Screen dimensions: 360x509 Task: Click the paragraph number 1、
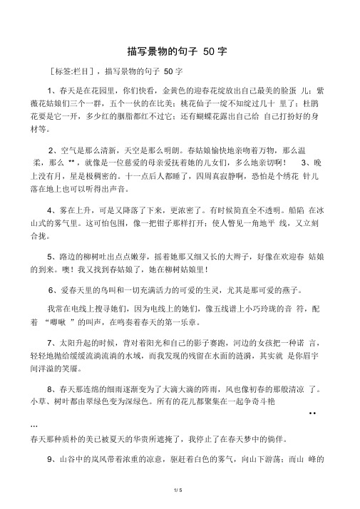pyautogui.click(x=52, y=91)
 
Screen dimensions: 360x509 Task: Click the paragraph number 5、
pyautogui.click(x=52, y=256)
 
